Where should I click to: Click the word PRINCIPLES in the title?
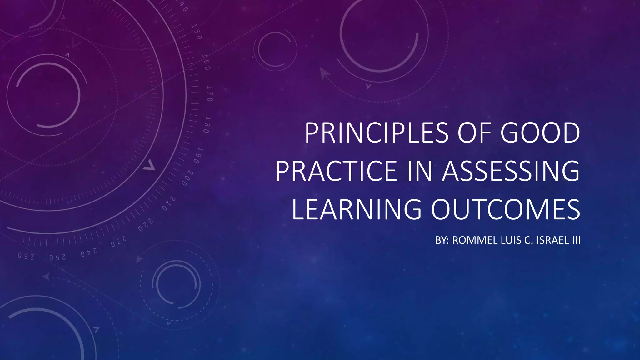click(x=377, y=133)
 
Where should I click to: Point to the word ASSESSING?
click(x=511, y=171)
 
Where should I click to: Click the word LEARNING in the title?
click(x=357, y=209)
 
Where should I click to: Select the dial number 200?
click(x=188, y=178)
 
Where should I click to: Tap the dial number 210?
click(x=169, y=203)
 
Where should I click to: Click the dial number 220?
click(x=146, y=225)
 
